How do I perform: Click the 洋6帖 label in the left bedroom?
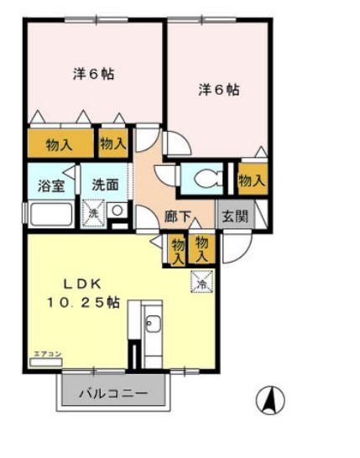(92, 74)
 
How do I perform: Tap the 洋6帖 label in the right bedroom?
(219, 89)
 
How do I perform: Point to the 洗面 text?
(106, 185)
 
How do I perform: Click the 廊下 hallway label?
(178, 216)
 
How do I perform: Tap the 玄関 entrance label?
(234, 216)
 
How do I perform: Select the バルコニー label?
(114, 393)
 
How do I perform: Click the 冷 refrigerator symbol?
(201, 283)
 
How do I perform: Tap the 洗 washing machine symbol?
(94, 212)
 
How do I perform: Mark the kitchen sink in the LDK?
(153, 325)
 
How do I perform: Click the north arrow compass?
(270, 399)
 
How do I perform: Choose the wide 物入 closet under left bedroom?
(60, 143)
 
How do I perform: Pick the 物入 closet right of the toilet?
(252, 180)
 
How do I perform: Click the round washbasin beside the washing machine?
(117, 211)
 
